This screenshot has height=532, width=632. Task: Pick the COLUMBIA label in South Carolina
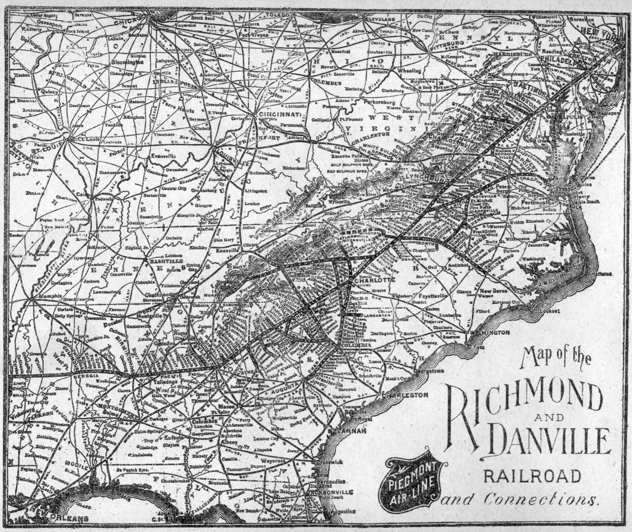click(357, 345)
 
